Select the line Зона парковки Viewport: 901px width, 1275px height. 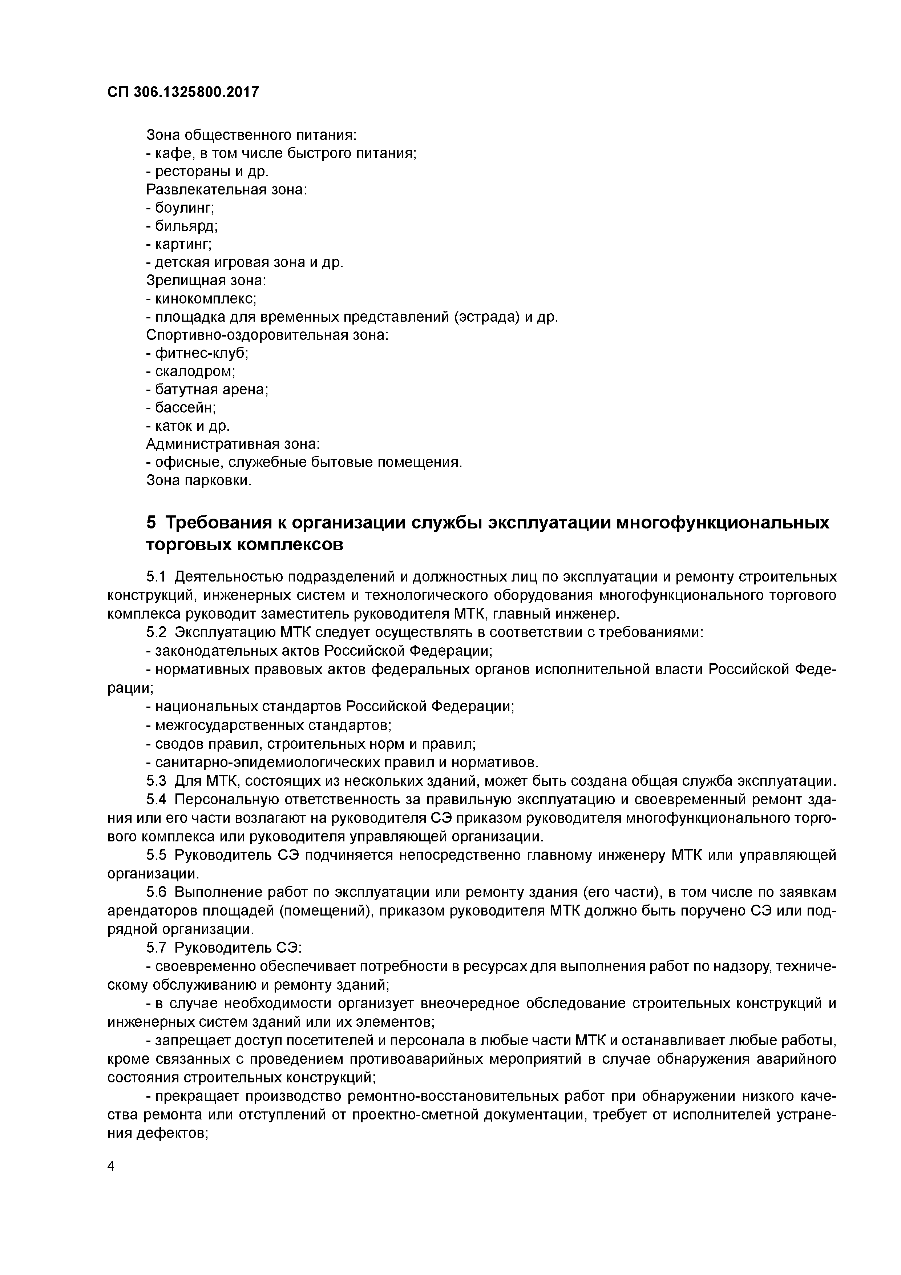point(199,480)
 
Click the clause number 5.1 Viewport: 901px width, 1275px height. point(157,577)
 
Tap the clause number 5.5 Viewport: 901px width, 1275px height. point(157,855)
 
